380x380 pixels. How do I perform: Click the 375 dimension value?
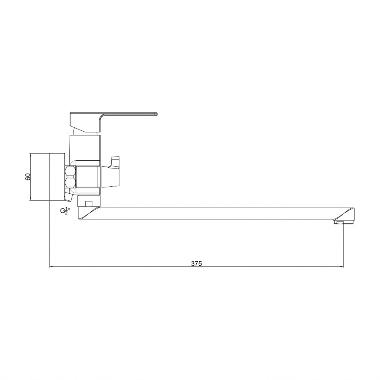click(x=196, y=263)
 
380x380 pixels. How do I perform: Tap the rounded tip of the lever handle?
click(x=156, y=114)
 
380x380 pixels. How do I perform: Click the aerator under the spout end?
click(x=339, y=222)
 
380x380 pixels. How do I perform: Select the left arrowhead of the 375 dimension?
click(x=51, y=267)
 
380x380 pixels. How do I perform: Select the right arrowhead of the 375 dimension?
click(x=342, y=267)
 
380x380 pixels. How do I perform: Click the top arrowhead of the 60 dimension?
click(x=30, y=155)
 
